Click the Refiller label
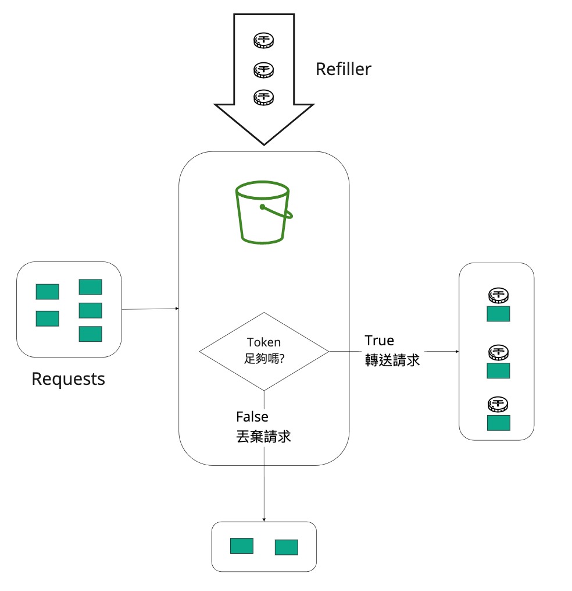coord(343,69)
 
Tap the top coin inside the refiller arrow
coord(263,41)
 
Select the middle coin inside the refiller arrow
coord(263,70)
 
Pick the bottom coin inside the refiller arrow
coord(263,97)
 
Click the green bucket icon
coord(263,212)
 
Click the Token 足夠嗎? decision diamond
coord(264,351)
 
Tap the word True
coord(380,341)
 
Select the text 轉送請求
coord(392,360)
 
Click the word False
coord(252,416)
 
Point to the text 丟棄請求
coord(263,437)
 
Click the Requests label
coord(68,379)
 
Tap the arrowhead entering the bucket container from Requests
coord(177,309)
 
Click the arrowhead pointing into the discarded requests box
coord(264,520)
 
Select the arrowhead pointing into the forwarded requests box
coord(457,351)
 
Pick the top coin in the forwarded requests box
coord(498,296)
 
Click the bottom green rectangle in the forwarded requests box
coord(499,423)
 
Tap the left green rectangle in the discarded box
coord(242,546)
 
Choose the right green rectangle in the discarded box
coord(287,547)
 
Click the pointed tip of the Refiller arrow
coord(264,145)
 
